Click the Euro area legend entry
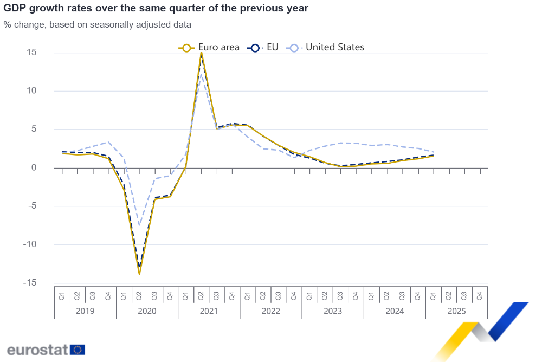point(209,47)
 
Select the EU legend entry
point(263,47)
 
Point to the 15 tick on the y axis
point(31,53)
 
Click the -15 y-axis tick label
point(29,283)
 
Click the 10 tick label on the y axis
point(31,90)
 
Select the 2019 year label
point(85,311)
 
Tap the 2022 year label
point(270,311)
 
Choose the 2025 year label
point(456,311)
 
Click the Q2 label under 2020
point(139,296)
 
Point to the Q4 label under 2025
point(480,296)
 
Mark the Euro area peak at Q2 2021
point(201,53)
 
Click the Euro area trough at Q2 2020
point(139,274)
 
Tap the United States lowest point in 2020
point(139,225)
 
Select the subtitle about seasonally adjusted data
point(97,24)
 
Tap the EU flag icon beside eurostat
point(78,350)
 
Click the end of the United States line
point(434,152)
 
